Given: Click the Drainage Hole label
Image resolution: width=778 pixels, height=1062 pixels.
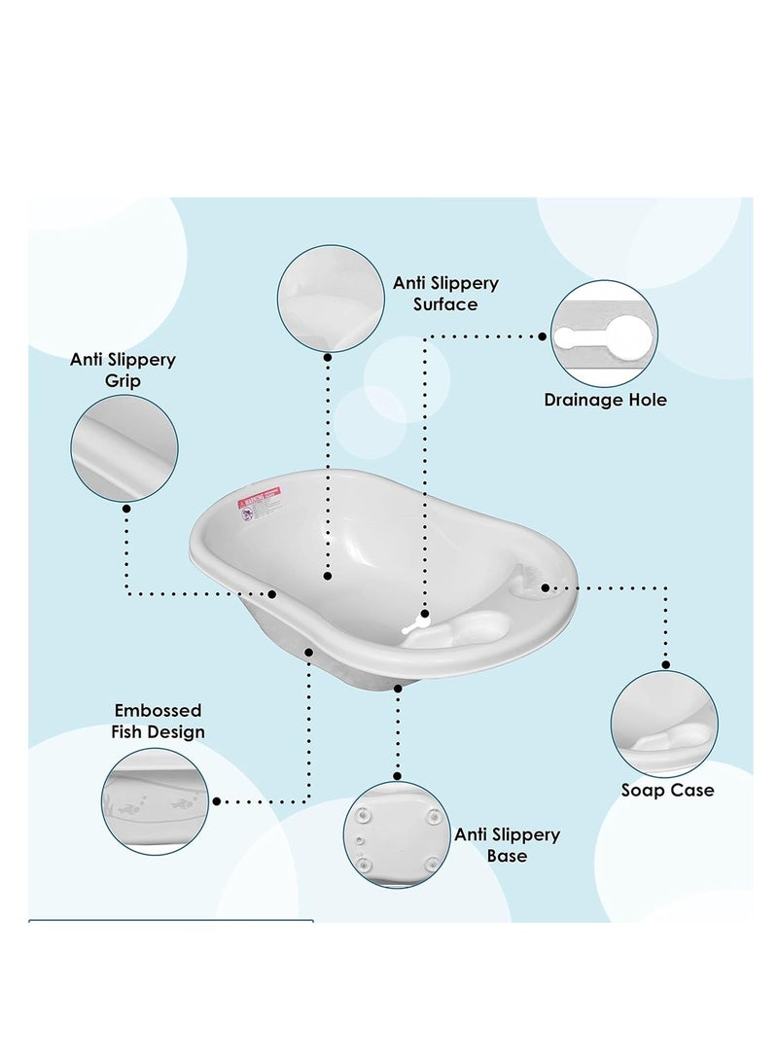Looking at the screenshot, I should [x=605, y=400].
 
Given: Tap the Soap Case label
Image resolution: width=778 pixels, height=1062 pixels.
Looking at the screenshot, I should [x=667, y=790].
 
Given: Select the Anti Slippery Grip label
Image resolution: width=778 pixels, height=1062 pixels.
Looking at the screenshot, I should [x=124, y=370].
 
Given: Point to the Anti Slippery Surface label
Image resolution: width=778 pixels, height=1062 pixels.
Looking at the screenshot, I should [x=445, y=294].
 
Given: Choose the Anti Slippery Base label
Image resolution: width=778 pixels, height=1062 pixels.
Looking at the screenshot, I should [x=508, y=845].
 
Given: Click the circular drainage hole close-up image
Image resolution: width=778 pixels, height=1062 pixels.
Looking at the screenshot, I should [x=604, y=334].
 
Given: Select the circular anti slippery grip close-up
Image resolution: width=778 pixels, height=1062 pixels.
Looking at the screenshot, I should [x=124, y=448].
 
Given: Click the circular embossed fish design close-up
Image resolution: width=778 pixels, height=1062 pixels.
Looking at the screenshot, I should [x=155, y=801].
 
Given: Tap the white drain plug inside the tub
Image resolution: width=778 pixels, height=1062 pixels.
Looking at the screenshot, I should [x=415, y=623].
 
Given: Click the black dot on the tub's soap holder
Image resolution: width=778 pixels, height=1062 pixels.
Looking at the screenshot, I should [x=546, y=587].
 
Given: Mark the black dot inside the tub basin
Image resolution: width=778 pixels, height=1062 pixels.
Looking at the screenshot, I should [x=327, y=577].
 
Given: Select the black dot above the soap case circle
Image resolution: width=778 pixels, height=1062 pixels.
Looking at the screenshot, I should [x=665, y=665].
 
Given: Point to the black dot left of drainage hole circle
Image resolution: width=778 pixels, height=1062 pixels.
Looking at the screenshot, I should [x=544, y=336].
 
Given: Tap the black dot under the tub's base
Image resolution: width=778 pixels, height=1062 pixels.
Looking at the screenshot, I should [x=398, y=688].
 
